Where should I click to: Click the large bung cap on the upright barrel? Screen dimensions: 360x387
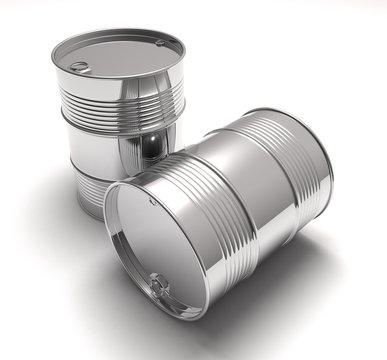pos(78,67)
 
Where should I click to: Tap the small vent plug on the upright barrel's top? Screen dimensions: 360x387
pos(160,43)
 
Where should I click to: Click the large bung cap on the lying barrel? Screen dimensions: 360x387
pos(159,285)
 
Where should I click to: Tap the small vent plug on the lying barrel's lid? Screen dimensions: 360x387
pos(153,201)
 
